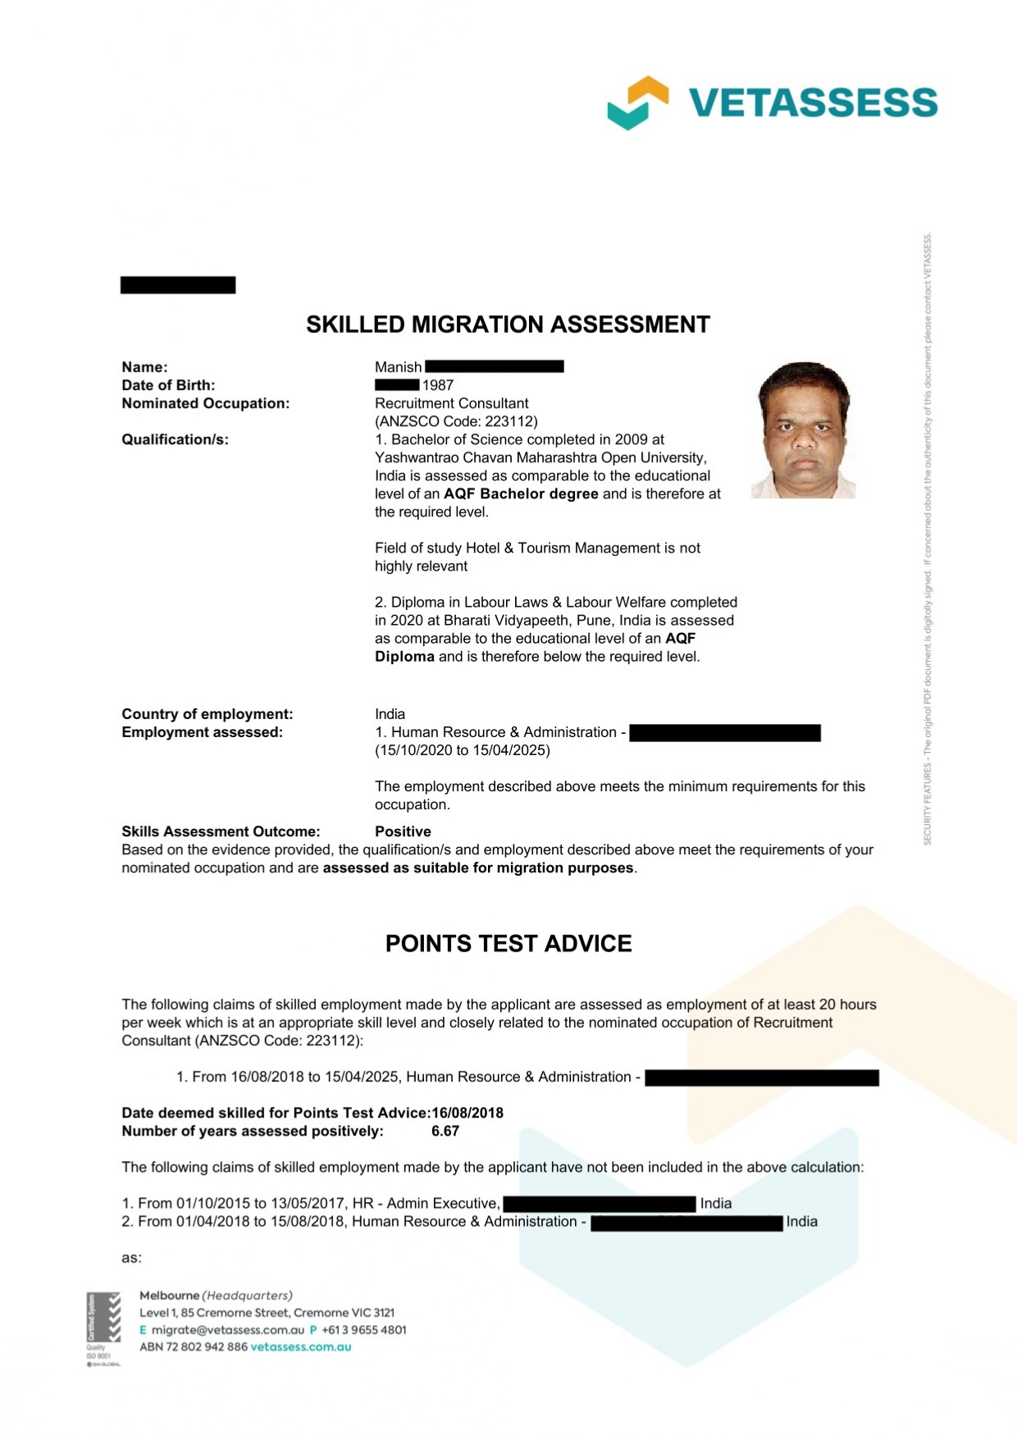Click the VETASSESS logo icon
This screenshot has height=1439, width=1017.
click(x=637, y=103)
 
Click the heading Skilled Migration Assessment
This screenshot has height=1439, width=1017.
click(x=508, y=325)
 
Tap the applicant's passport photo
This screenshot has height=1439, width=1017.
click(x=803, y=430)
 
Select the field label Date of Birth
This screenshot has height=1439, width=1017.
click(x=168, y=385)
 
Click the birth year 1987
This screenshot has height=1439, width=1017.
click(x=438, y=385)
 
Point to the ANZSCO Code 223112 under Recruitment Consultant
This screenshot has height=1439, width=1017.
click(x=456, y=421)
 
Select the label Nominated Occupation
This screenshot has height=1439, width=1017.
click(x=205, y=403)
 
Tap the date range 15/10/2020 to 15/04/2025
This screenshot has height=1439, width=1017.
click(x=463, y=750)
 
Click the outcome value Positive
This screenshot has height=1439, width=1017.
click(x=403, y=831)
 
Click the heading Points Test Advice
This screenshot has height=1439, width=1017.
click(x=508, y=944)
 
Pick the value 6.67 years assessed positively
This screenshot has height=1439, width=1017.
click(x=445, y=1132)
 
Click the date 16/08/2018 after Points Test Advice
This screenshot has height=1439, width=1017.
click(x=467, y=1113)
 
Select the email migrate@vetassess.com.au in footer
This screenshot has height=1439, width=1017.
click(x=228, y=1330)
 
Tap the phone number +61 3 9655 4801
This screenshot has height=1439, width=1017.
click(x=364, y=1330)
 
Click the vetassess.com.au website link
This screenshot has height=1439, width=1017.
click(x=301, y=1347)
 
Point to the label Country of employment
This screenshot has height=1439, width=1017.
click(x=207, y=714)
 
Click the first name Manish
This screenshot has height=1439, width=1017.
click(x=398, y=367)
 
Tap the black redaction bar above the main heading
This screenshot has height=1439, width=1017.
click(x=178, y=285)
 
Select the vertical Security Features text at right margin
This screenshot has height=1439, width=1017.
click(x=928, y=541)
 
